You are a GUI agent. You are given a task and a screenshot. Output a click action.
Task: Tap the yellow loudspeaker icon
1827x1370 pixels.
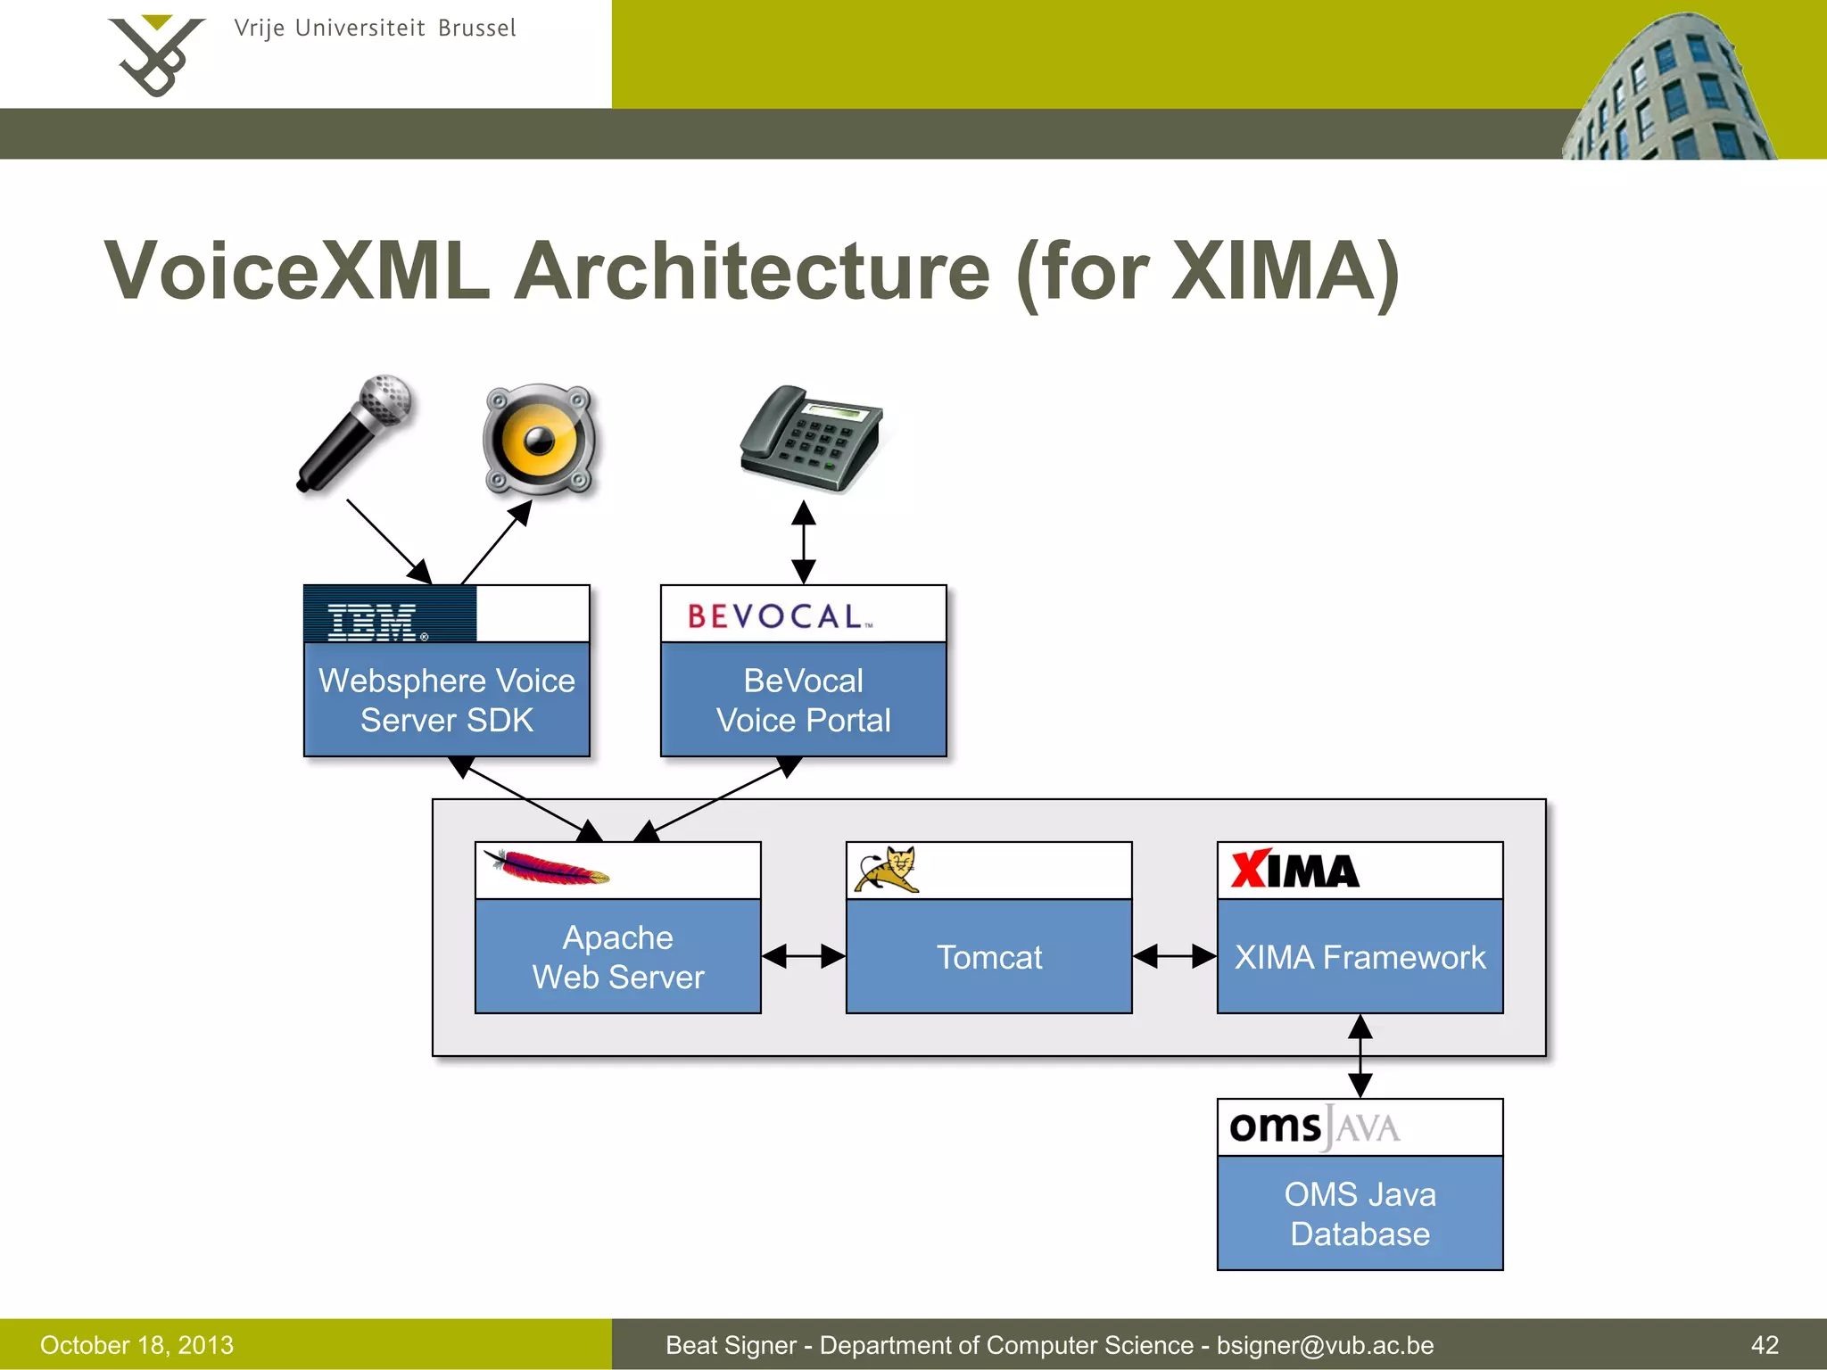[x=539, y=439]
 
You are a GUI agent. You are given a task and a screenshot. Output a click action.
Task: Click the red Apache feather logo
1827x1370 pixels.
[x=546, y=868]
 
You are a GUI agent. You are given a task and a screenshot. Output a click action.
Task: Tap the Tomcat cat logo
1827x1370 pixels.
[x=887, y=870]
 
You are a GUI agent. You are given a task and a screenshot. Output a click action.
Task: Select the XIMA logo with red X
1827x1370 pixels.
[x=1294, y=871]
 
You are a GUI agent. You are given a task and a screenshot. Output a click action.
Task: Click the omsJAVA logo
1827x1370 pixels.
[x=1314, y=1127]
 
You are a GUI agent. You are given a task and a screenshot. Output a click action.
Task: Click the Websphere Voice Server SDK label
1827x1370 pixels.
[x=447, y=700]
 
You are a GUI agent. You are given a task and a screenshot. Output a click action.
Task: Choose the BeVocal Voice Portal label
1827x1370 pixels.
[x=803, y=700]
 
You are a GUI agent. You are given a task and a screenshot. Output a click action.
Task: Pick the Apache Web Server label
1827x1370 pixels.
[x=618, y=957]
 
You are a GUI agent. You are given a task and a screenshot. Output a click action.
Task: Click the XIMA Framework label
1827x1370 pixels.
[x=1360, y=957]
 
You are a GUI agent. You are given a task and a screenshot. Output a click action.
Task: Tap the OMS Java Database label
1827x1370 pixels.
[x=1360, y=1214]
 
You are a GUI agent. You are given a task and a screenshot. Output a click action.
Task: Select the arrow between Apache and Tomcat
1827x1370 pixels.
[x=804, y=956]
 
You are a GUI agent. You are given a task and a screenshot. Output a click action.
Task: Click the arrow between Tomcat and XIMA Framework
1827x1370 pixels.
[x=1174, y=956]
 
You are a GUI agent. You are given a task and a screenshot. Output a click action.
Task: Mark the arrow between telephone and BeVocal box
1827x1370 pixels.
[x=804, y=542]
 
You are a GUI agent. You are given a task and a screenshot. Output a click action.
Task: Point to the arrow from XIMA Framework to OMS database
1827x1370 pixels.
[x=1360, y=1056]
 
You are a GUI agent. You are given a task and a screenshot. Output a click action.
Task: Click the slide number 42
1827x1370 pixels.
[x=1765, y=1345]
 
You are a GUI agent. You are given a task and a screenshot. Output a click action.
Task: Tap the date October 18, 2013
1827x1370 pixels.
[x=136, y=1345]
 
